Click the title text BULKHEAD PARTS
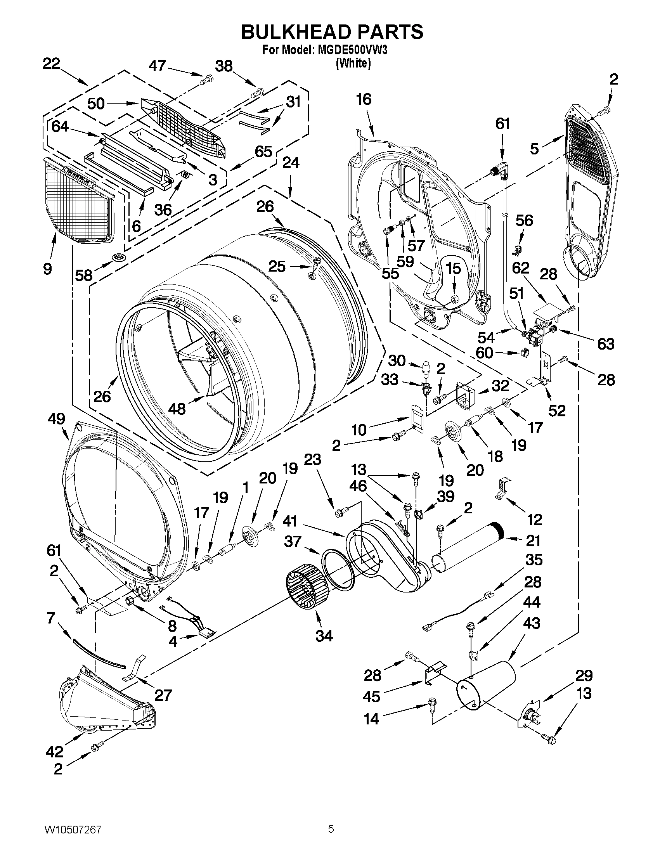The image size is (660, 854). [332, 32]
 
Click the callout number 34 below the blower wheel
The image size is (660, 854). [324, 636]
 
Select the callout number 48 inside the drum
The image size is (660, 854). [177, 409]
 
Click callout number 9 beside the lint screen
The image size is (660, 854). [47, 268]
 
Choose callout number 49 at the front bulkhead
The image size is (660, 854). [56, 419]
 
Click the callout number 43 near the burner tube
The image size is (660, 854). [532, 623]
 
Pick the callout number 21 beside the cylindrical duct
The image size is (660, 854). [533, 541]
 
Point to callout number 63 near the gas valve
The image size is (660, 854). [606, 344]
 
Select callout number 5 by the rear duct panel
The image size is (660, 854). [535, 149]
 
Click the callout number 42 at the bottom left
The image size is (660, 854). [55, 752]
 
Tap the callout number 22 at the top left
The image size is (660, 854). [51, 64]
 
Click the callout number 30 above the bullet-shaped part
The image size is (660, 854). [397, 360]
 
